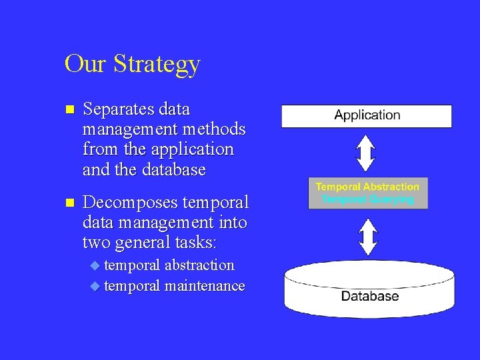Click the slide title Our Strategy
[132, 64]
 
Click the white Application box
[367, 115]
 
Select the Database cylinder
[369, 289]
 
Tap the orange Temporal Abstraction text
[367, 187]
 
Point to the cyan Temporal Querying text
[367, 199]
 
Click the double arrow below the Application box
[367, 153]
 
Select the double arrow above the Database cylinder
[367, 235]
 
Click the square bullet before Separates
[69, 109]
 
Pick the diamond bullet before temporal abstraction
[95, 266]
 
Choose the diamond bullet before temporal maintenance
[95, 287]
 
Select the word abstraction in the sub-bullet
[199, 265]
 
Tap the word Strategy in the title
[157, 65]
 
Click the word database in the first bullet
[174, 169]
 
